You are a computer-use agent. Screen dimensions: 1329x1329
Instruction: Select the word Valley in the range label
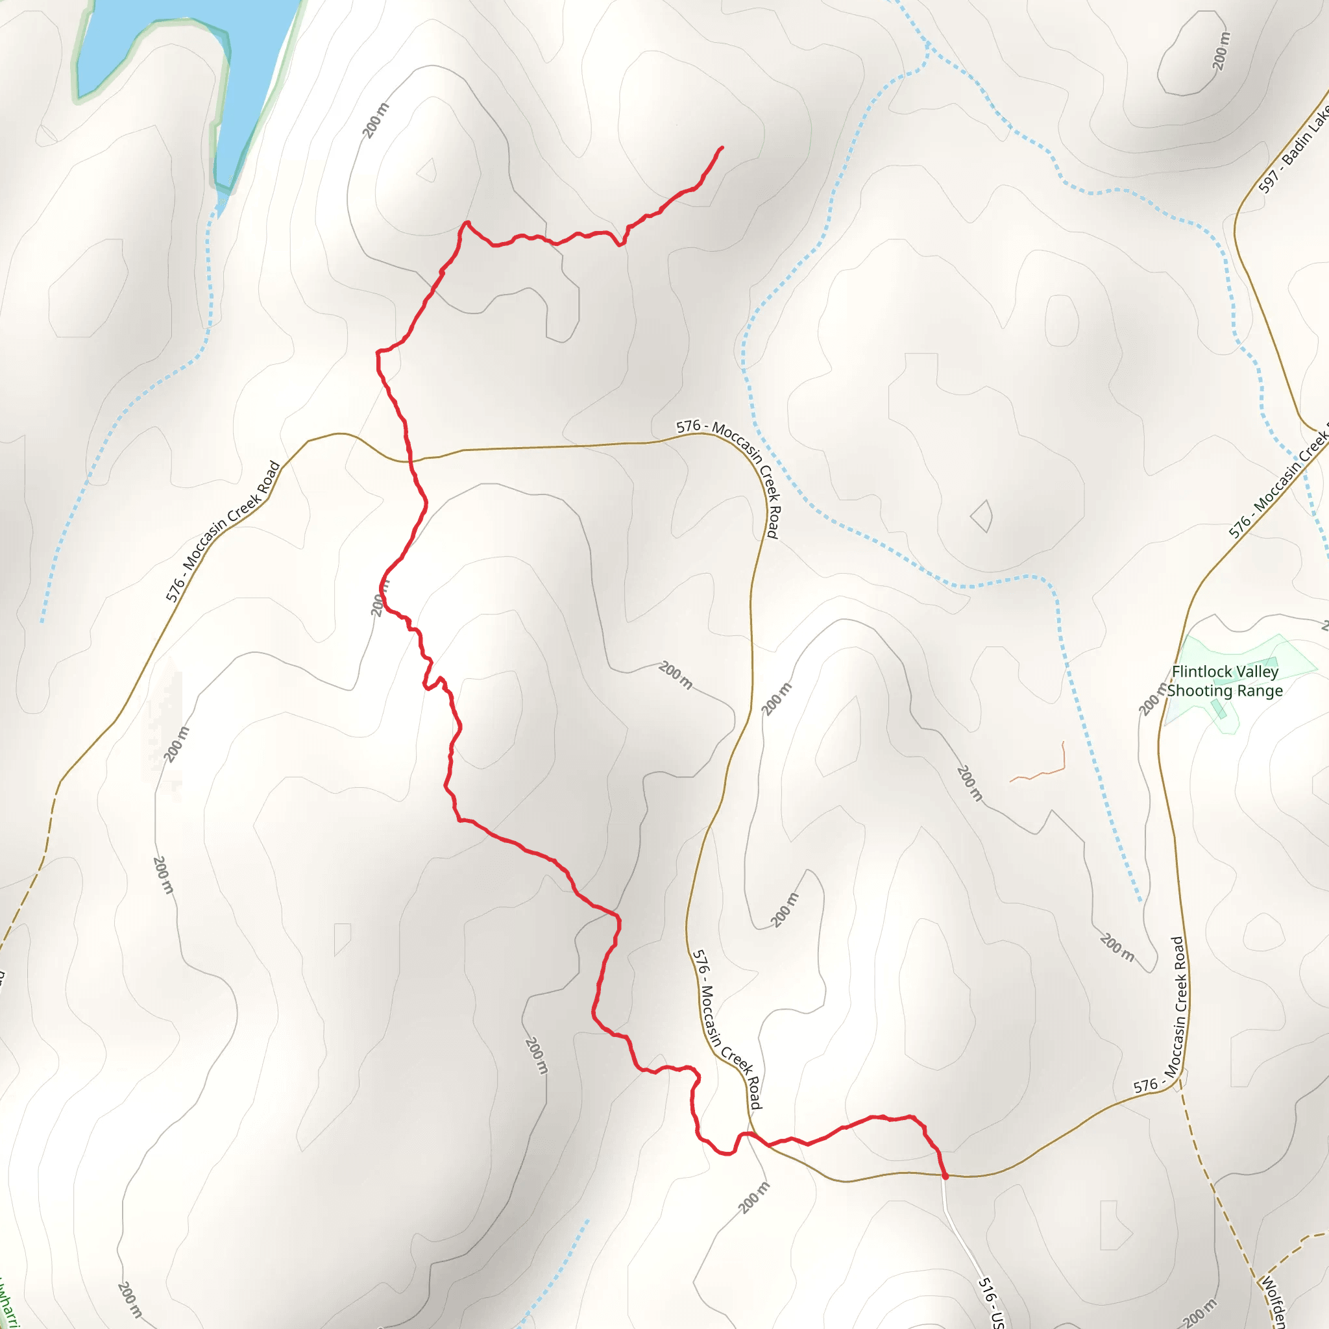tap(1258, 672)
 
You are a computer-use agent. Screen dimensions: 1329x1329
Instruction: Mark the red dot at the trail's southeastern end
tap(945, 1177)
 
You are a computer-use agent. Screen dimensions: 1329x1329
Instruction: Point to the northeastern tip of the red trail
tap(722, 147)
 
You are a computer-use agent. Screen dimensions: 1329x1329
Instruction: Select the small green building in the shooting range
tap(1218, 709)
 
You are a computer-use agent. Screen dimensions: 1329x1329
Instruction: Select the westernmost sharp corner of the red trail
tap(377, 352)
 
